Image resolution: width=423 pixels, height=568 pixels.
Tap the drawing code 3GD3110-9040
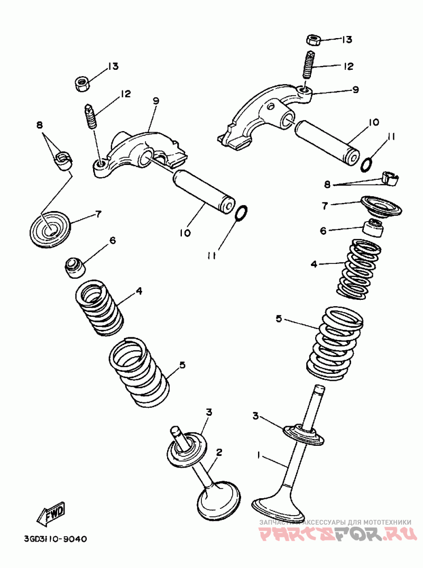(x=56, y=539)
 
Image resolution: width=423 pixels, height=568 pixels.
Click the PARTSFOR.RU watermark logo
(x=336, y=534)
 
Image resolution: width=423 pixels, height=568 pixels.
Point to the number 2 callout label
(x=219, y=453)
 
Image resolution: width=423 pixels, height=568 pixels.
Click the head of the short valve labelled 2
(x=218, y=497)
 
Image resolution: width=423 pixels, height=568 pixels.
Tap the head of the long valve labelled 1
(x=279, y=508)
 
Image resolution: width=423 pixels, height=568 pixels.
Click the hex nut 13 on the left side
(x=82, y=83)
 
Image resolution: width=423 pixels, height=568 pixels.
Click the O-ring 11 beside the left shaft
(x=241, y=213)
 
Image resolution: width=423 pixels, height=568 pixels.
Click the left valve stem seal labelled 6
(x=74, y=267)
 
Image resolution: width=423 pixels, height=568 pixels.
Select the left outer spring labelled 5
(x=140, y=372)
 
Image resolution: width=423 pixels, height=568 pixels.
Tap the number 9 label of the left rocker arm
(x=155, y=100)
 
